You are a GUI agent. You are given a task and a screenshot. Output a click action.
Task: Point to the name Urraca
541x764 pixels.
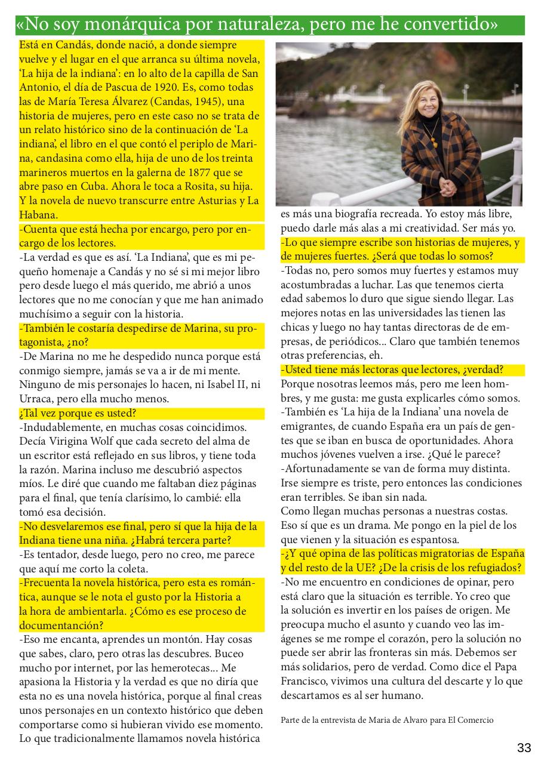pyautogui.click(x=37, y=399)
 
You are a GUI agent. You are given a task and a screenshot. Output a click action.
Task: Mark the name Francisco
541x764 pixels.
pyautogui.click(x=306, y=681)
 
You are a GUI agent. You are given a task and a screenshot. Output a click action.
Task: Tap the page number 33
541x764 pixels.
pyautogui.click(x=524, y=748)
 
